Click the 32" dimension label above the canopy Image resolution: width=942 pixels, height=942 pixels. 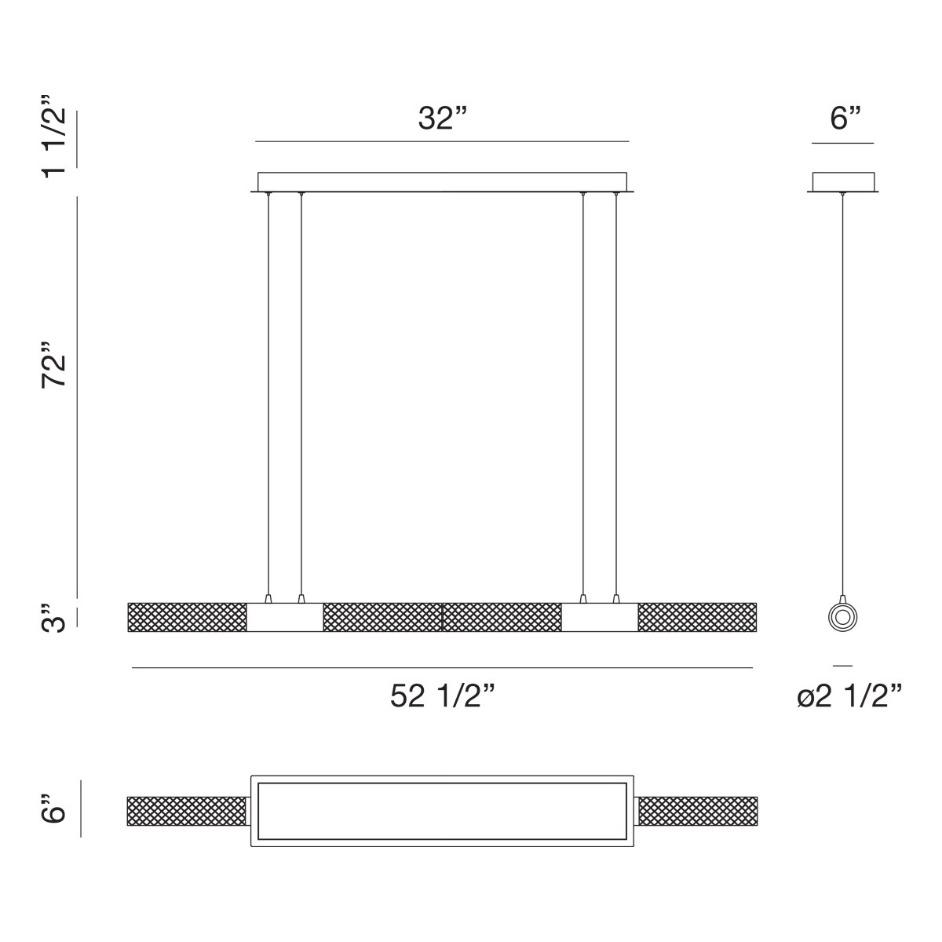point(443,119)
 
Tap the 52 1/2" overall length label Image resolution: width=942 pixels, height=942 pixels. point(443,696)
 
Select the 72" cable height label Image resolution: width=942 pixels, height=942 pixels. point(53,365)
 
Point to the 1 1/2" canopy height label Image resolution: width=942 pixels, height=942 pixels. point(53,137)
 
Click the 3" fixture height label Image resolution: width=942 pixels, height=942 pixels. point(53,619)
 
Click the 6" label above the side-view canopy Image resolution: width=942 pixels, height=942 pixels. point(845,119)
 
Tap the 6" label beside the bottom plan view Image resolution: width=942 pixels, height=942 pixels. point(53,809)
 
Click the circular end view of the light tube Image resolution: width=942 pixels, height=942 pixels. point(842,617)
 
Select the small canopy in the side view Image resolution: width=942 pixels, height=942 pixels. point(843,182)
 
